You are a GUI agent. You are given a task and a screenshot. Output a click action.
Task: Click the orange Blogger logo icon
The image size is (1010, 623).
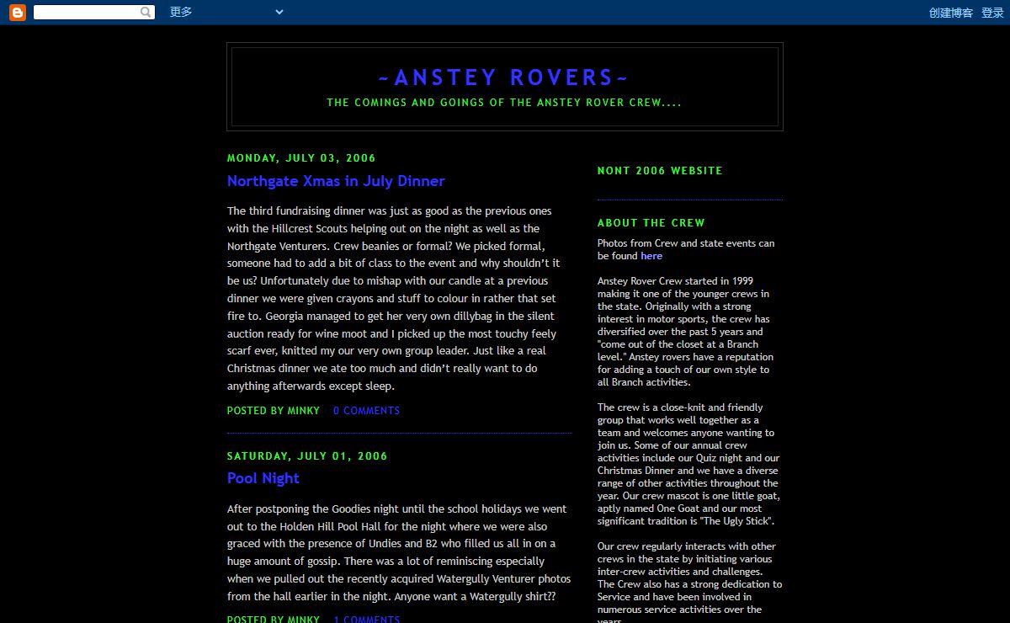coord(17,12)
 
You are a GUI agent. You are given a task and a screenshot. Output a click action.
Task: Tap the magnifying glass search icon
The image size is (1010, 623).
coord(146,12)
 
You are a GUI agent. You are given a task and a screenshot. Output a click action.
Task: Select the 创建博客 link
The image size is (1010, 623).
coord(950,13)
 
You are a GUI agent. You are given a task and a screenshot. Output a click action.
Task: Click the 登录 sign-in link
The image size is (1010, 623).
coord(992,13)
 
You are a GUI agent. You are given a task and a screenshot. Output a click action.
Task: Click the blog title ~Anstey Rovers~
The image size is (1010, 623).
coord(504,77)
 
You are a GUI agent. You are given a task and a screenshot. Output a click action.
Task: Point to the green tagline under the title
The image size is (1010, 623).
coord(504,103)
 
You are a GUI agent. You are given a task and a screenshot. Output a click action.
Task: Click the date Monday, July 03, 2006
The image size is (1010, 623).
coord(301,158)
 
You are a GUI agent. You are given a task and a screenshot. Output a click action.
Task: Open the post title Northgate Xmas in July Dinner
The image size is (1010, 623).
coord(336,181)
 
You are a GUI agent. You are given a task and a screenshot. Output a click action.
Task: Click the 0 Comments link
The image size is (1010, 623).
coord(366,411)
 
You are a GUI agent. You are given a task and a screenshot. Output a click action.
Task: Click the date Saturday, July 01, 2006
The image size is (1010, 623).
coord(307,456)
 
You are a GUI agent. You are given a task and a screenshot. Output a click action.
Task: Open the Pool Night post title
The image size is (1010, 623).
coord(263,478)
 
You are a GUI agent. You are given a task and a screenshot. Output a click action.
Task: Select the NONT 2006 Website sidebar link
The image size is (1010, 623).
coord(660,171)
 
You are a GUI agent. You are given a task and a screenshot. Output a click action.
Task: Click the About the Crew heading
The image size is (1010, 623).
coord(651,223)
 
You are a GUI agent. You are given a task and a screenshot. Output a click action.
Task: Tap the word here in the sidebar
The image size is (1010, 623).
coord(651,256)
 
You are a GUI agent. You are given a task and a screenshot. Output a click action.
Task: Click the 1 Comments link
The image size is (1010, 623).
coord(366,619)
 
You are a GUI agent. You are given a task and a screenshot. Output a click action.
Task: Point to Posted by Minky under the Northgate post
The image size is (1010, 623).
coord(274,411)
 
